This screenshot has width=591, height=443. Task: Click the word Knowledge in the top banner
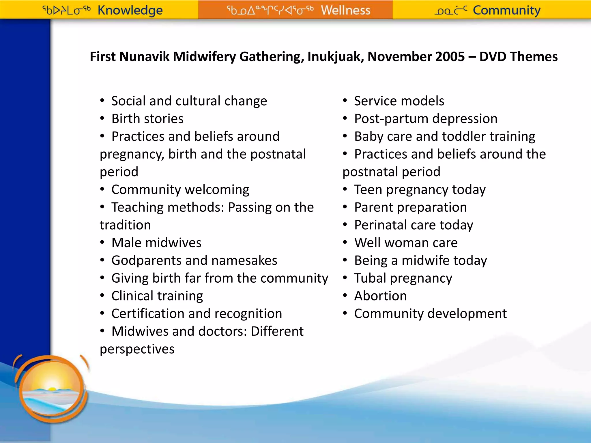130,10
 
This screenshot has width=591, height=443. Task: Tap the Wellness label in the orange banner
345,10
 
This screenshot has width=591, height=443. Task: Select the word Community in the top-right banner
506,10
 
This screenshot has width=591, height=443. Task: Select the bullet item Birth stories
147,119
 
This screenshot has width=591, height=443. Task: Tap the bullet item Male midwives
156,243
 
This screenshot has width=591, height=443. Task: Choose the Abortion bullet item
380,296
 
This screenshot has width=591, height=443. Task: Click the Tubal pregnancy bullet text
403,278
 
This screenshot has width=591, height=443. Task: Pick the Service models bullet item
399,101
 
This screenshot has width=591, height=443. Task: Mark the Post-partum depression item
426,119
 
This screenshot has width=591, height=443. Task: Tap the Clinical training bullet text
157,296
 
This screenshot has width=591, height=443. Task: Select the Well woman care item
406,243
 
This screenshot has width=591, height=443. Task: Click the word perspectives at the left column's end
137,349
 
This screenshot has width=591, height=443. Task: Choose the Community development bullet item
430,314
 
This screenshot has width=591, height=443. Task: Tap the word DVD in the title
492,57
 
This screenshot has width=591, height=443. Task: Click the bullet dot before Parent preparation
345,207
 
